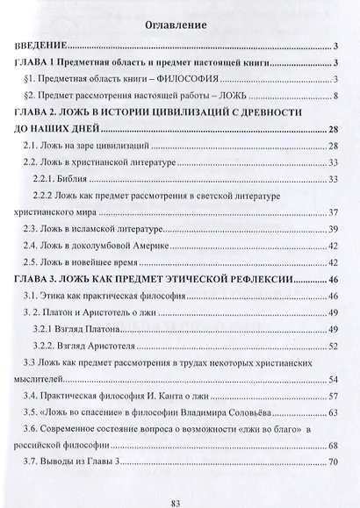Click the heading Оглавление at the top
tap(179, 25)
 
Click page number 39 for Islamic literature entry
tap(334, 228)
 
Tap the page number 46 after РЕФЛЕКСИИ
tap(333, 279)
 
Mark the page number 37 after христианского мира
tap(334, 211)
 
